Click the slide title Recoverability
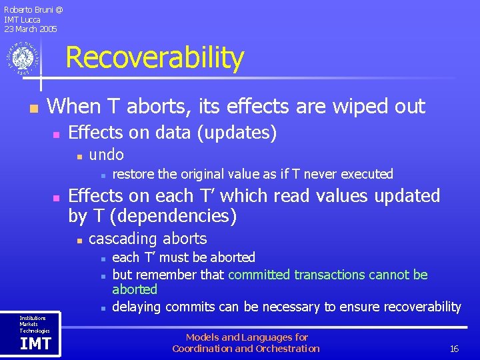pyautogui.click(x=155, y=58)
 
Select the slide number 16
pyautogui.click(x=454, y=349)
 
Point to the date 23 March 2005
pyautogui.click(x=31, y=29)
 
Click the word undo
pyautogui.click(x=107, y=155)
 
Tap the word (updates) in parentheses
pyautogui.click(x=237, y=133)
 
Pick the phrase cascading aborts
pyautogui.click(x=148, y=239)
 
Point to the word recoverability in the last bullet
pyautogui.click(x=419, y=307)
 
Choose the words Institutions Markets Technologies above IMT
pyautogui.click(x=33, y=325)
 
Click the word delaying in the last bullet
pyautogui.click(x=137, y=307)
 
